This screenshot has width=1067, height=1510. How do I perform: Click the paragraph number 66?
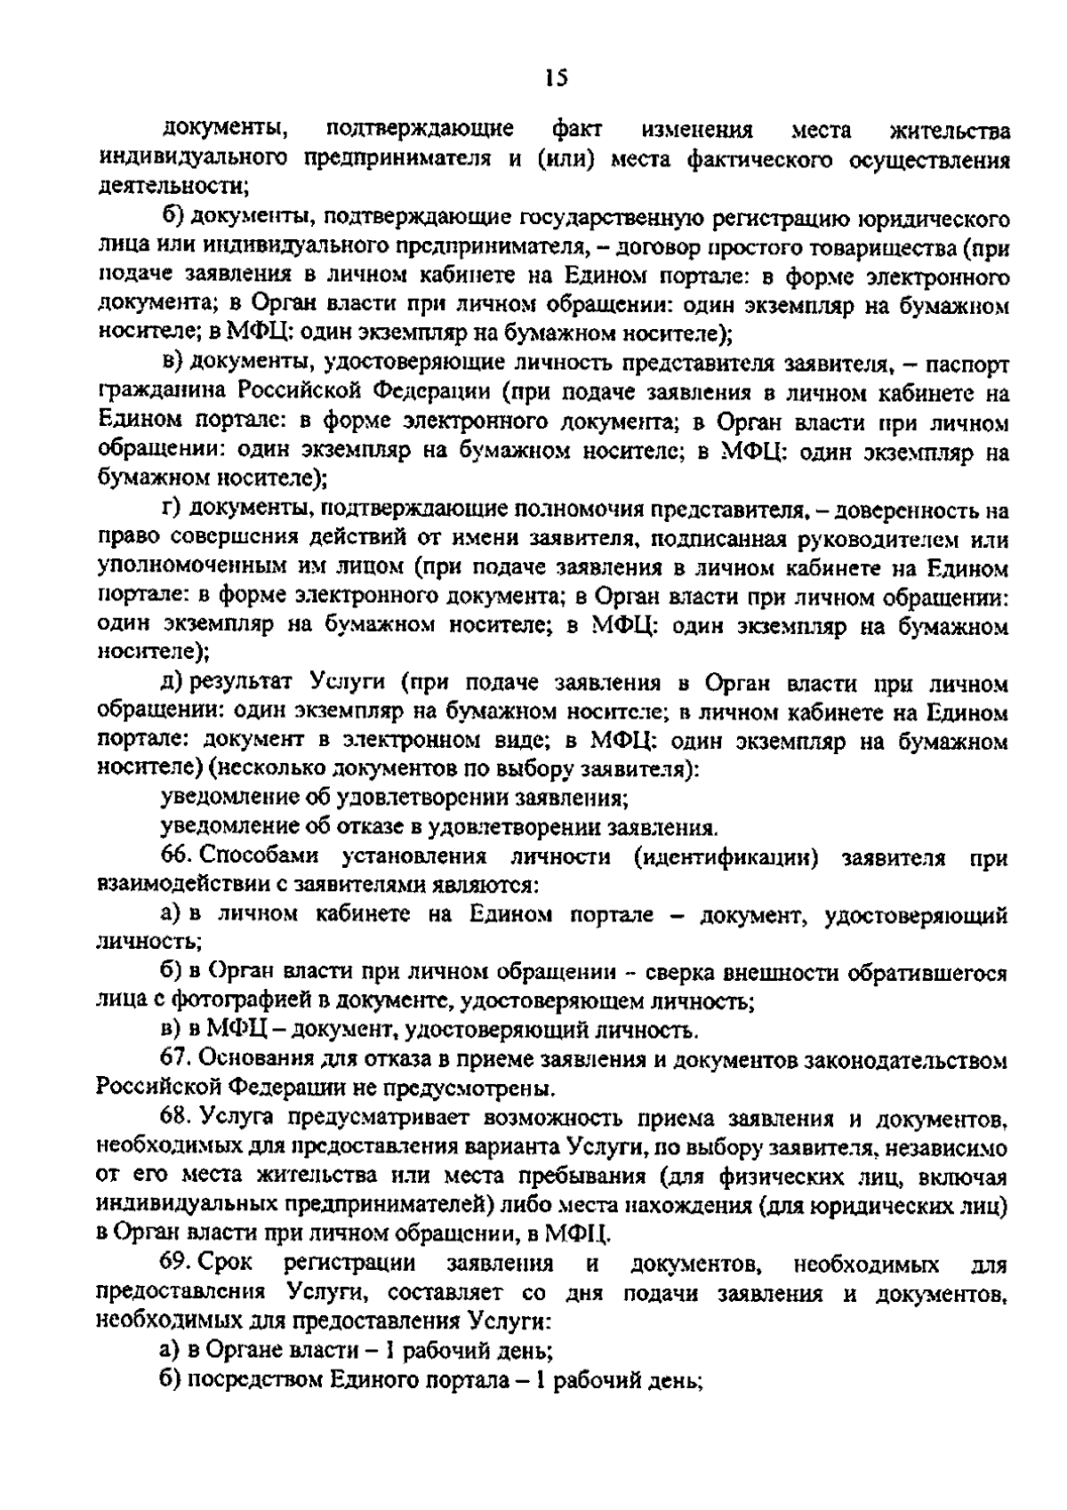point(174,857)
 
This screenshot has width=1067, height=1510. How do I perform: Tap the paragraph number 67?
point(174,1059)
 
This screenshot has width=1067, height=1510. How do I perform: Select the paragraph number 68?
point(174,1117)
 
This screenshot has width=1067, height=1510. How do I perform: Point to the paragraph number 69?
point(174,1264)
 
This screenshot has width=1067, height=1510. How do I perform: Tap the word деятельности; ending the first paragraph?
point(172,188)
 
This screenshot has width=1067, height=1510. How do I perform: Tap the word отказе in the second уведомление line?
point(367,828)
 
